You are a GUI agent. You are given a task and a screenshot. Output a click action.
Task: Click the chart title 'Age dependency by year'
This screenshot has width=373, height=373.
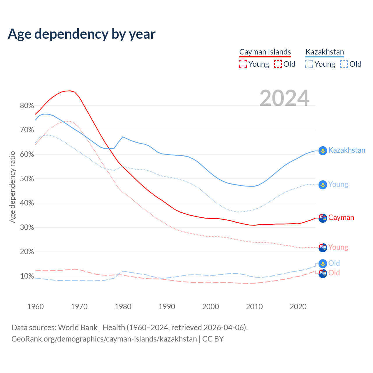[x=82, y=34]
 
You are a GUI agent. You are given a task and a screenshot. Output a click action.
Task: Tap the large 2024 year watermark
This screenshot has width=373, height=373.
[x=284, y=98]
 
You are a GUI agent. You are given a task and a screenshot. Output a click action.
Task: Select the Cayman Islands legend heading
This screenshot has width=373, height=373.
[x=265, y=52]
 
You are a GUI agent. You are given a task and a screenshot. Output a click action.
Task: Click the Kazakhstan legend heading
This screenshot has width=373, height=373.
[x=325, y=52]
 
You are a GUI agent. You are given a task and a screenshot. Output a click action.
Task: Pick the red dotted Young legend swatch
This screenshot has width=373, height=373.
[x=243, y=64]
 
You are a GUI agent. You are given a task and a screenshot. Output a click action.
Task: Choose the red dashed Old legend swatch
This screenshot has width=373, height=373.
[x=278, y=64]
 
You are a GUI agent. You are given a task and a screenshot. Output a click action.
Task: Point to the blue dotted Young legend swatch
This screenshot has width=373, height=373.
[x=309, y=64]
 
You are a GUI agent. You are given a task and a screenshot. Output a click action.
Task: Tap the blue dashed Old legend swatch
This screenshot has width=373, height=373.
[x=344, y=64]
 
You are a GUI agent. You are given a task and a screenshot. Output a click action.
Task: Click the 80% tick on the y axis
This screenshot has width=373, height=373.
[x=27, y=106]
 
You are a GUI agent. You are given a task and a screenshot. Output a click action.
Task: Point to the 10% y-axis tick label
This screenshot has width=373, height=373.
[x=27, y=276]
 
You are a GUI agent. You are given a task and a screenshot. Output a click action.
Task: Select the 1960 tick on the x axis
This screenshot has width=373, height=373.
[x=35, y=307]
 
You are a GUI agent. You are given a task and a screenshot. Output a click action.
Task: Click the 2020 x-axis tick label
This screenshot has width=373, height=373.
[x=298, y=307]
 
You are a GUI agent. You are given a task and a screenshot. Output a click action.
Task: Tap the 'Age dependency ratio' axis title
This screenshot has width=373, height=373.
[x=12, y=187]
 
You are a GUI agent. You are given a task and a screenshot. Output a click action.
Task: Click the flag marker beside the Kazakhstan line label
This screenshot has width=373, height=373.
[x=323, y=151]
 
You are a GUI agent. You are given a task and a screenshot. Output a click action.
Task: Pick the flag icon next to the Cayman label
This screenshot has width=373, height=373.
[x=323, y=218]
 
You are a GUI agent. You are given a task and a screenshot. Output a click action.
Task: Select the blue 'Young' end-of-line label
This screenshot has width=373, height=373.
[x=338, y=184]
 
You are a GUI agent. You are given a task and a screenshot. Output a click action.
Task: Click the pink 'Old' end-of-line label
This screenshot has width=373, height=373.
[x=334, y=273]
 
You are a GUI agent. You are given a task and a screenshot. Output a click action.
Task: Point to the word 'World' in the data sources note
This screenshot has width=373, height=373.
[x=67, y=328]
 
